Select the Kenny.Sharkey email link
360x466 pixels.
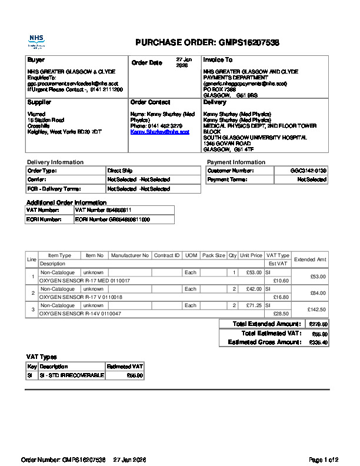click(159, 132)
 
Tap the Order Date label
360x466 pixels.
click(146, 63)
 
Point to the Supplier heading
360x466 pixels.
click(39, 102)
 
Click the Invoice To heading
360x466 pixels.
click(218, 60)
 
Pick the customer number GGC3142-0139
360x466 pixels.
click(308, 171)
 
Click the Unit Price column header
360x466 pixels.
click(251, 255)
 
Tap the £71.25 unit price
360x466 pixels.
click(254, 306)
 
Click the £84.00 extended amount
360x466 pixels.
click(318, 293)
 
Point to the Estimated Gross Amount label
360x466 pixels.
click(264, 342)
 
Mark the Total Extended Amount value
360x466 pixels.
click(318, 324)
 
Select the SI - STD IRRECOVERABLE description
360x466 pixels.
click(71, 375)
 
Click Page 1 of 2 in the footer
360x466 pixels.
click(323, 460)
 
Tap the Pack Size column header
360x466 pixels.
click(214, 255)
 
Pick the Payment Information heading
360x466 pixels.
click(236, 162)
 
